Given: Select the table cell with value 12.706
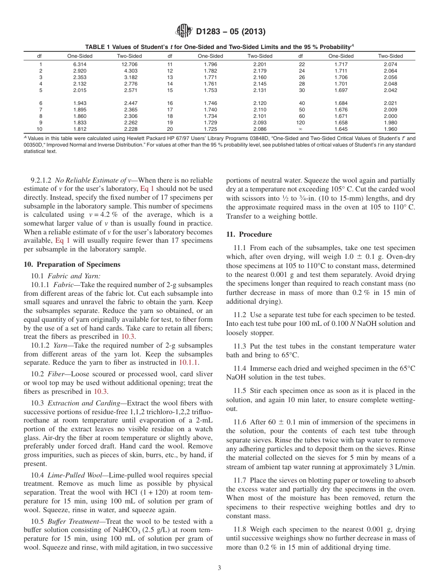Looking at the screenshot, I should click(129, 64).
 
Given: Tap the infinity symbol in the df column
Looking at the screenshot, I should click(301, 129).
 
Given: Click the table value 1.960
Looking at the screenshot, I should click(390, 129).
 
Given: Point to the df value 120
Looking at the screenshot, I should click(301, 123).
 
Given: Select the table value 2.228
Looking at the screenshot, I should click(129, 129).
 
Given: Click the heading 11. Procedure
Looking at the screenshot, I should click(249, 234).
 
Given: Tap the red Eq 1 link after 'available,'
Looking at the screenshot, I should click(62, 241).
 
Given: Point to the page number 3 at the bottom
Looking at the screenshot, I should click(219, 568).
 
